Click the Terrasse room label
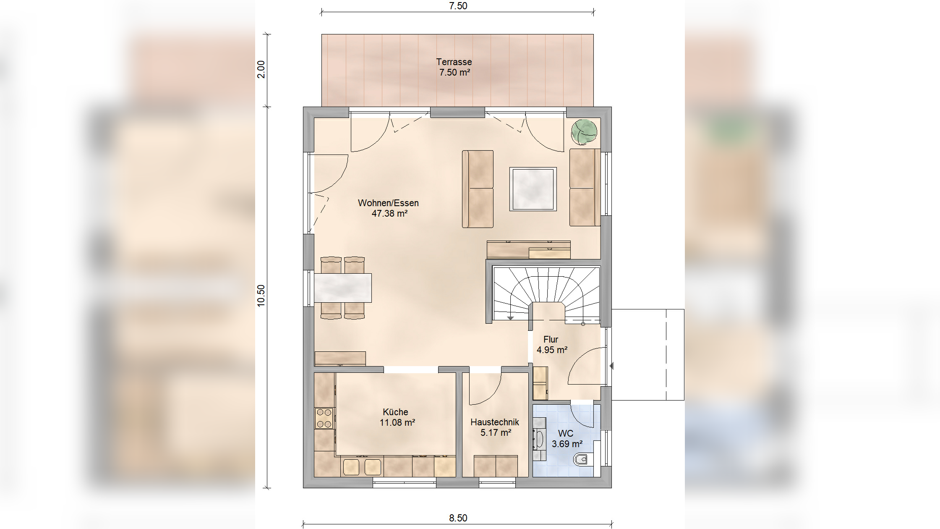point(454,62)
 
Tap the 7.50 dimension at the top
point(458,6)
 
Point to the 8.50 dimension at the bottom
point(458,518)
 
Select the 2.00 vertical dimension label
point(261,69)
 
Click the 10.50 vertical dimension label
point(261,296)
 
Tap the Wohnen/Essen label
point(388,203)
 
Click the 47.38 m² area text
point(389,214)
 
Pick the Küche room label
point(395,412)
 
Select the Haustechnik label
point(495,422)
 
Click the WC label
point(566,434)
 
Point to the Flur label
point(551,340)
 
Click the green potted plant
point(584,132)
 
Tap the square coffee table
point(533,189)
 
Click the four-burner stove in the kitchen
point(324,418)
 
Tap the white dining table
point(343,288)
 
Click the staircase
point(546,293)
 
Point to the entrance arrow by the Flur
point(611,366)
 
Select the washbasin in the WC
point(539,439)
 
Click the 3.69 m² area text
point(567,444)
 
